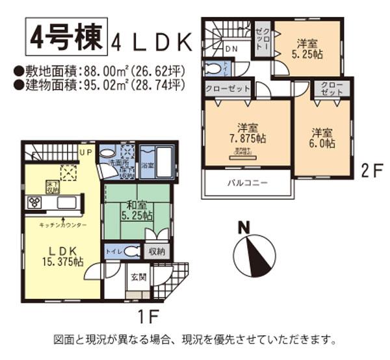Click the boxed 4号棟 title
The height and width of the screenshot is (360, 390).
pos(65,38)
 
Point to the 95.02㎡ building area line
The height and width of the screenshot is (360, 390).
pos(99,84)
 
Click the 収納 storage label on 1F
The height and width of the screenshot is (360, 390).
pos(157,251)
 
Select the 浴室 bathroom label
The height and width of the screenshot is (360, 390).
pos(149,166)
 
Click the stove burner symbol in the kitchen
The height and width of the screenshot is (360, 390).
pos(34,203)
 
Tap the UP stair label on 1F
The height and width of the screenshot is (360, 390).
pos(85,151)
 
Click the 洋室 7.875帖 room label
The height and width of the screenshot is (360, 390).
pos(249,134)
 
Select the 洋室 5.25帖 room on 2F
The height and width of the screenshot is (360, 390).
pos(307,49)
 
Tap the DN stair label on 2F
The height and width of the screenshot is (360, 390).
pos(232,49)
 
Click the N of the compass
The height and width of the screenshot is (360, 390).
pos(244,227)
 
